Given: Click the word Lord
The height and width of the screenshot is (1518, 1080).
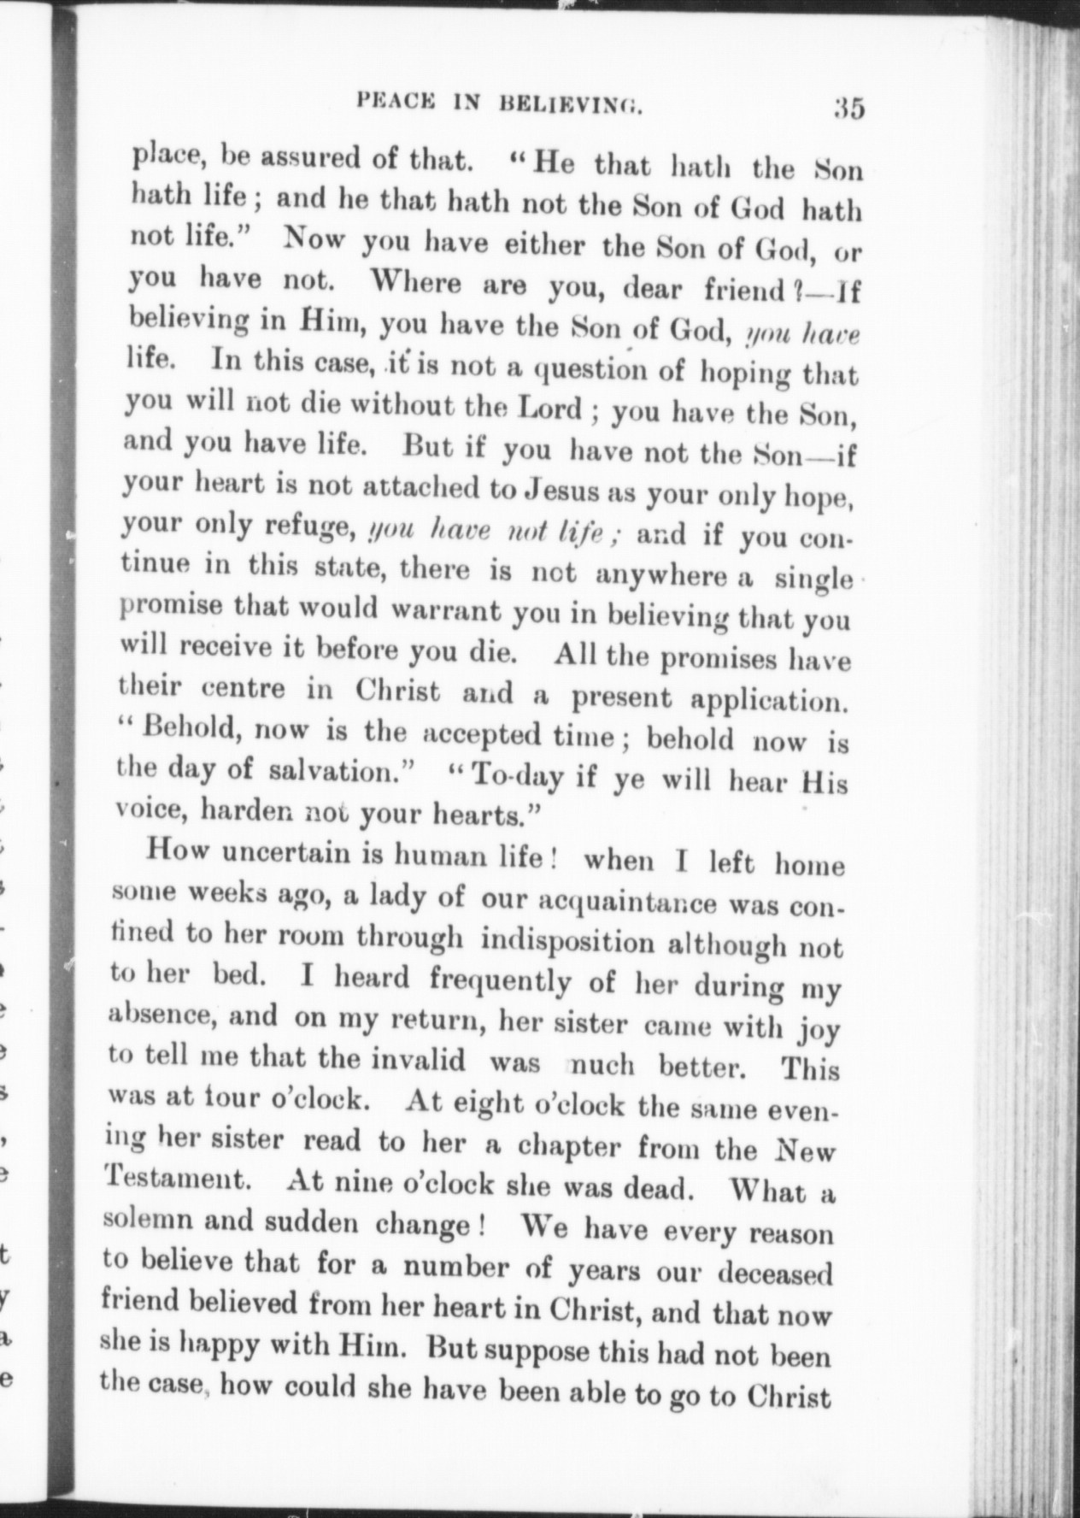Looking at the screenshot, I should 551,408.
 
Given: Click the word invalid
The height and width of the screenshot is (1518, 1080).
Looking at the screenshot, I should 420,1061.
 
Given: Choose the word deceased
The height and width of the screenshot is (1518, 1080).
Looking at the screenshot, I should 774,1273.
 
